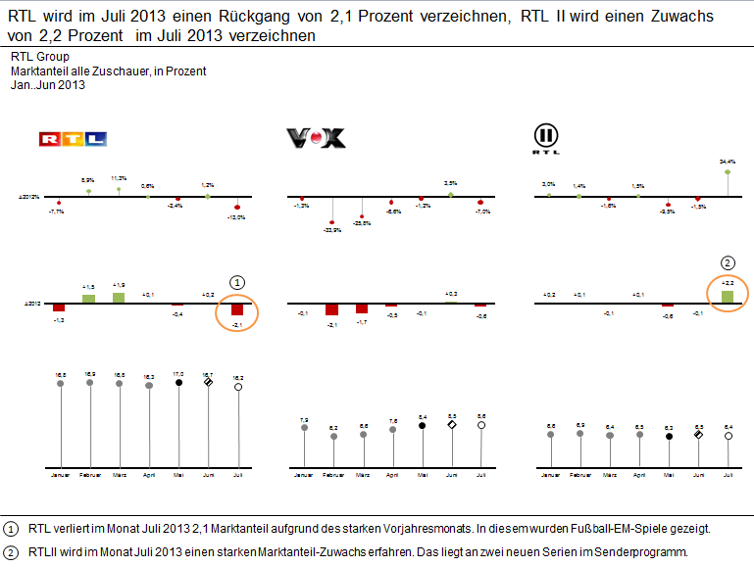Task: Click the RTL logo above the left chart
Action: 72,139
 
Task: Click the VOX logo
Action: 316,139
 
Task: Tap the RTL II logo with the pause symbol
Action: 546,138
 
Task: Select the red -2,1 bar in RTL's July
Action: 237,310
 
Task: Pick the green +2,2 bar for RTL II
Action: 728,296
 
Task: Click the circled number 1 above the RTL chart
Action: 237,281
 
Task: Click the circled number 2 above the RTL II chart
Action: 728,262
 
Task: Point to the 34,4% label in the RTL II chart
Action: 728,161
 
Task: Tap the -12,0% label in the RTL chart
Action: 237,217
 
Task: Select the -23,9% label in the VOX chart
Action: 332,230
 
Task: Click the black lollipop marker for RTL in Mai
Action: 178,383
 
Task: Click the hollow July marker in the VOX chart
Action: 481,426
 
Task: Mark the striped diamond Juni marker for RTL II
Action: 698,434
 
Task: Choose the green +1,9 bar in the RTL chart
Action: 120,298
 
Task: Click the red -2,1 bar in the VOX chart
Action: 332,309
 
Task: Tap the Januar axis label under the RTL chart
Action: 61,474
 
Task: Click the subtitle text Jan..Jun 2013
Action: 48,85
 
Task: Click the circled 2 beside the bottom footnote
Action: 12,551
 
